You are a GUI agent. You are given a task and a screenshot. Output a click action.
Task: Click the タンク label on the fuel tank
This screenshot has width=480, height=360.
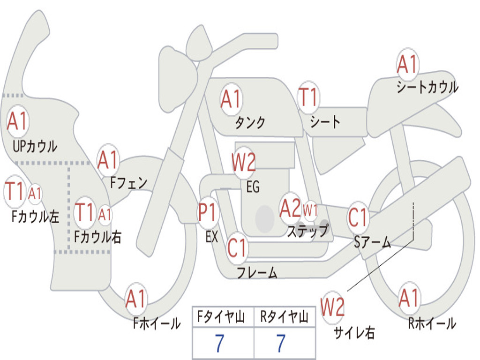pyautogui.click(x=250, y=122)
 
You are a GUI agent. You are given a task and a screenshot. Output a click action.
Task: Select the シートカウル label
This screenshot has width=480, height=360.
pyautogui.click(x=427, y=88)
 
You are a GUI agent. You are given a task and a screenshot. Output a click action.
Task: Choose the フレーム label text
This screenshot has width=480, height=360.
pyautogui.click(x=257, y=272)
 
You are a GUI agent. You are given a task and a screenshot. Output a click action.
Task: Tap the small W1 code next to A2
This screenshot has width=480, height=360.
pyautogui.click(x=310, y=210)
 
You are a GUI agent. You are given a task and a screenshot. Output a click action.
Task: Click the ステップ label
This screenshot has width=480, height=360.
pyautogui.click(x=307, y=231)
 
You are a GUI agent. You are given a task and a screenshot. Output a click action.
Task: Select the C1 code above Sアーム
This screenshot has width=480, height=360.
pyautogui.click(x=359, y=218)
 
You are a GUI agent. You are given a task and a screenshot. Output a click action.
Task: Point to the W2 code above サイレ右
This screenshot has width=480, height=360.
pyautogui.click(x=333, y=307)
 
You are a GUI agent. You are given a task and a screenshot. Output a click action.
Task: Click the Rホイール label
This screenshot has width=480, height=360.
pyautogui.click(x=432, y=323)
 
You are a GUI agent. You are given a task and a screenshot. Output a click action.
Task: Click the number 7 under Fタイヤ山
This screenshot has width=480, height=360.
pyautogui.click(x=219, y=344)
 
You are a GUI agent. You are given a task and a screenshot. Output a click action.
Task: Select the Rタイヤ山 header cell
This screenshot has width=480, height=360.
pyautogui.click(x=284, y=318)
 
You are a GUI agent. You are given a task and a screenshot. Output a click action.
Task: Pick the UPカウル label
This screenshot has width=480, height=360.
pyautogui.click(x=35, y=146)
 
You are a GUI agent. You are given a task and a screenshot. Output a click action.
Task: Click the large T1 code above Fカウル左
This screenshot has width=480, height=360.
pyautogui.click(x=14, y=192)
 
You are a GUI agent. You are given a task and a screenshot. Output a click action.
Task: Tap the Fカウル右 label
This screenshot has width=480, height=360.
pyautogui.click(x=98, y=237)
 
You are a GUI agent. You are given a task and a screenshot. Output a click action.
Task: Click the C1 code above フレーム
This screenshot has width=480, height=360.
pyautogui.click(x=237, y=247)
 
